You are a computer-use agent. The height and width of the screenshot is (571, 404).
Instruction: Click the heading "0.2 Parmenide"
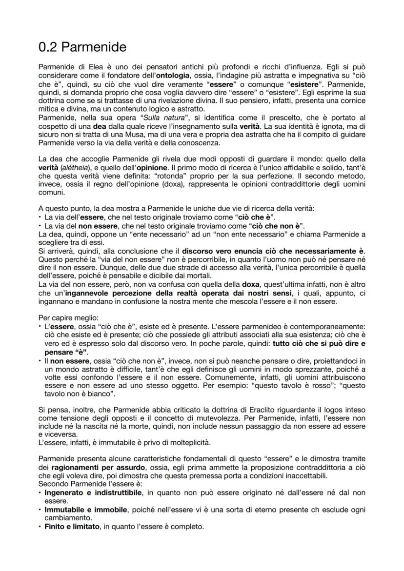pyautogui.click(x=82, y=47)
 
